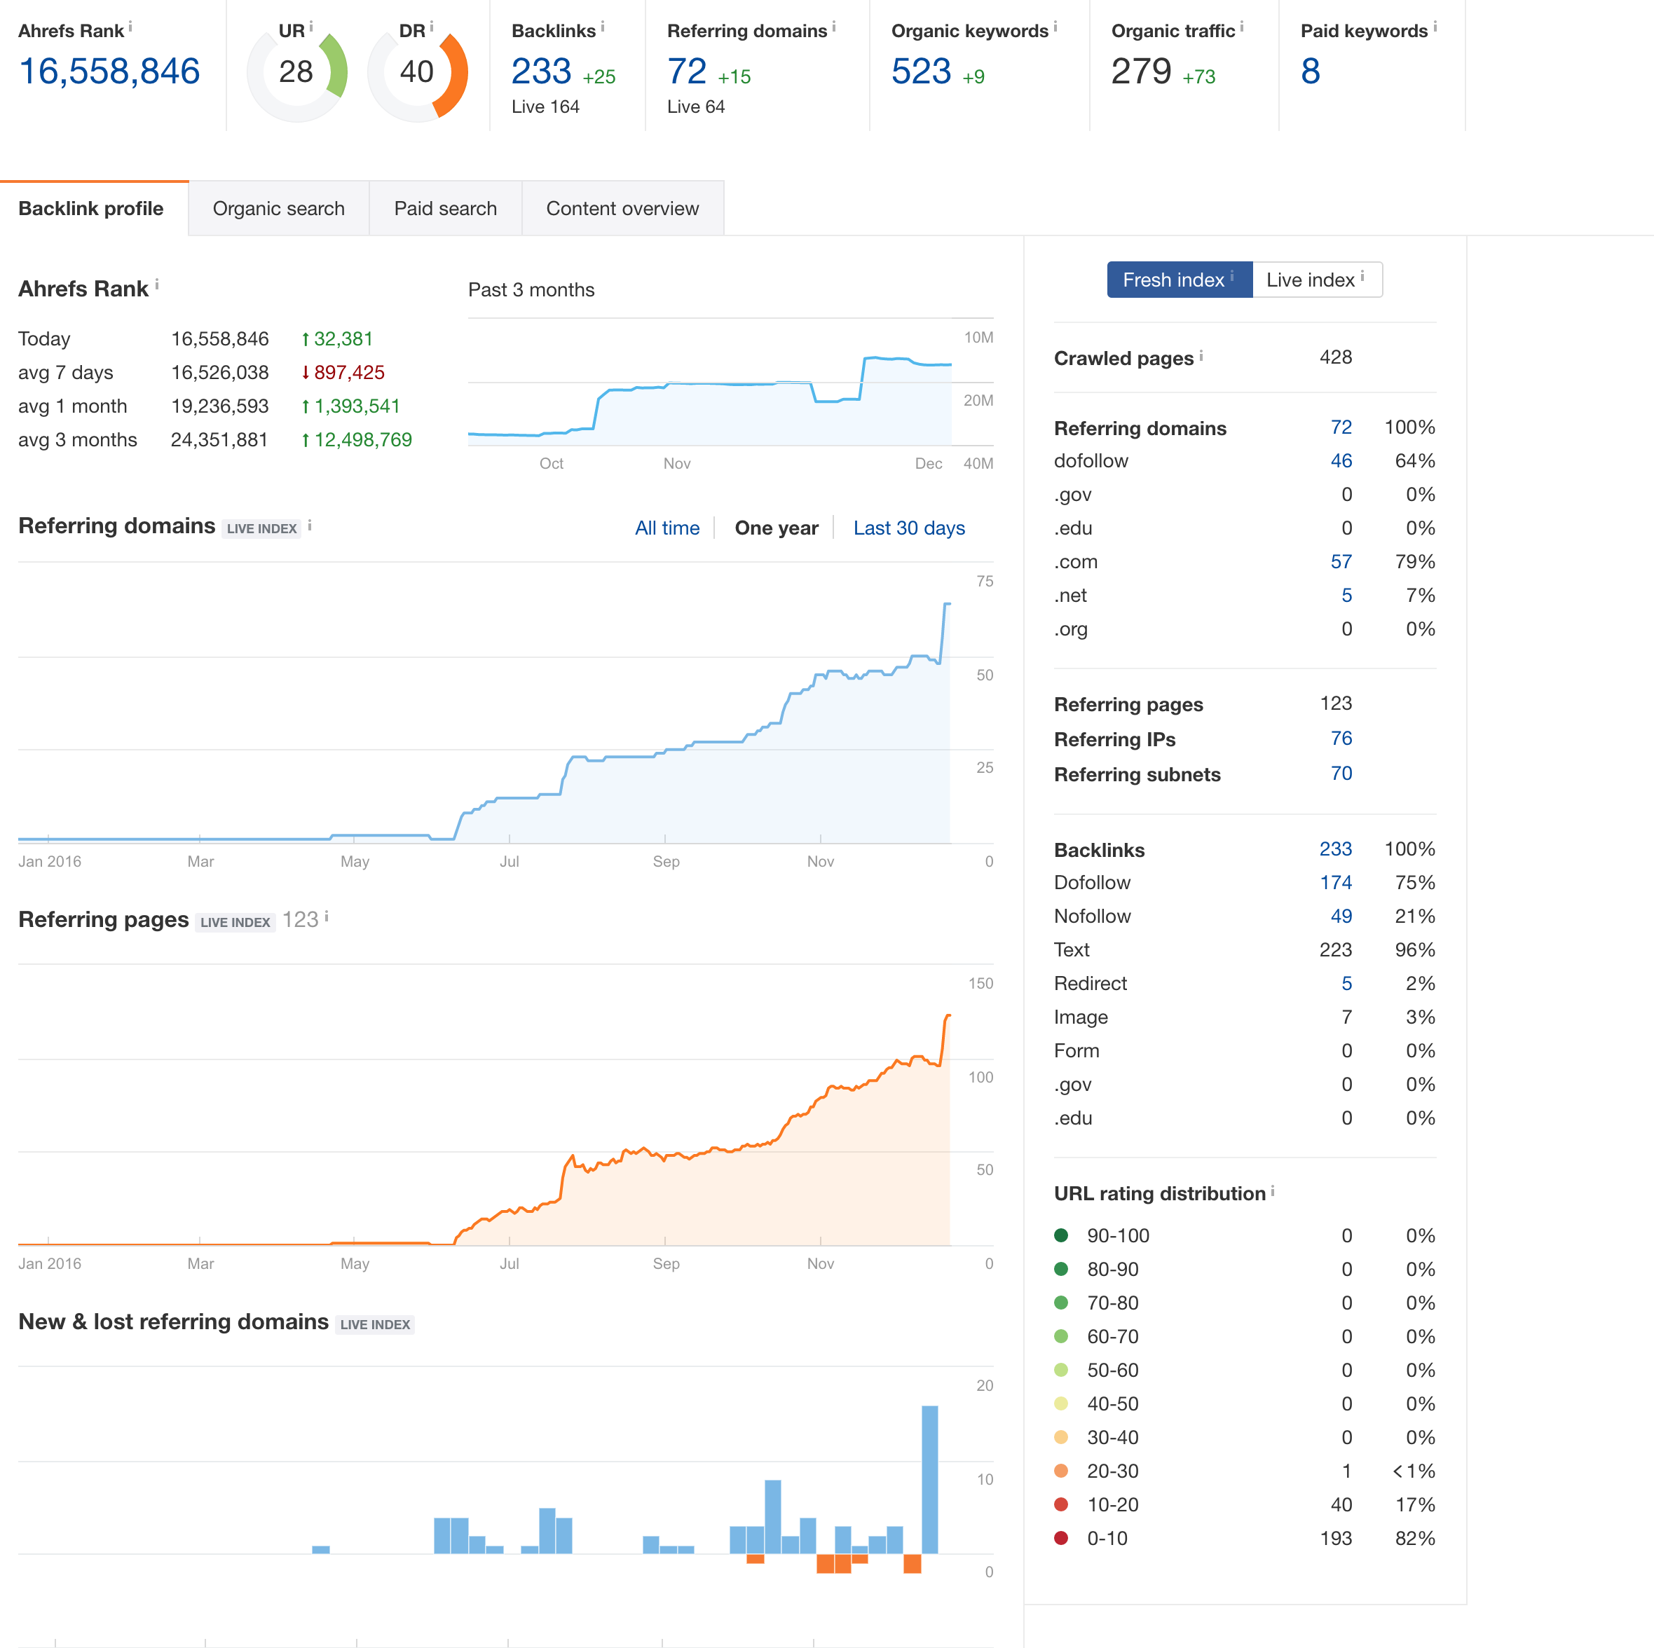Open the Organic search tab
click(x=278, y=208)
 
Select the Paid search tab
click(x=445, y=208)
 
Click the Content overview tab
click(x=622, y=208)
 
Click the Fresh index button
click(x=1179, y=280)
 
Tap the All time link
click(x=667, y=528)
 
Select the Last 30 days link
click(x=908, y=528)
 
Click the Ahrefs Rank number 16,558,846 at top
click(x=109, y=71)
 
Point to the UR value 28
click(x=296, y=71)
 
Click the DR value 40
click(x=417, y=71)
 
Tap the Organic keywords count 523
click(x=921, y=71)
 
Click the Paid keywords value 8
click(x=1311, y=71)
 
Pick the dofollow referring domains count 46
click(x=1341, y=460)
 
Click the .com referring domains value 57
click(x=1341, y=562)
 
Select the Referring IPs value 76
click(x=1341, y=738)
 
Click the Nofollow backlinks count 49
click(x=1341, y=916)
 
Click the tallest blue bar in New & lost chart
click(x=930, y=1479)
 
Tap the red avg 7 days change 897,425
click(x=343, y=372)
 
